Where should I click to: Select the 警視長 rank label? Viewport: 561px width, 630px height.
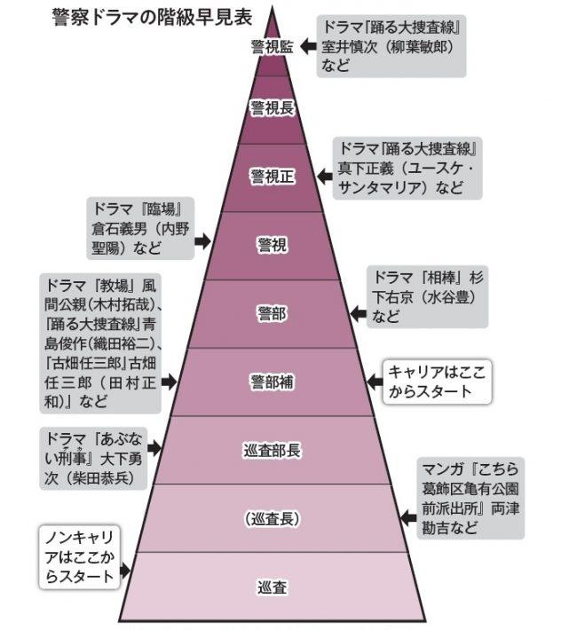point(272,108)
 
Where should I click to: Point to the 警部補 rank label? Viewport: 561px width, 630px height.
point(272,382)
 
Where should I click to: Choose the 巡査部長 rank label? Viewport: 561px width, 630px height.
point(272,450)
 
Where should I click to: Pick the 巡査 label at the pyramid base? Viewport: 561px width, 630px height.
point(272,587)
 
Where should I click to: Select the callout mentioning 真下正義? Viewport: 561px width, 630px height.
point(407,168)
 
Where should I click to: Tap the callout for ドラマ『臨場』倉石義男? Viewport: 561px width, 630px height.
point(139,229)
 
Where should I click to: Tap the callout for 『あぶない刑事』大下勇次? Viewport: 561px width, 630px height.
point(95,455)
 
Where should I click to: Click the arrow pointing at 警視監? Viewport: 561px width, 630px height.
point(307,42)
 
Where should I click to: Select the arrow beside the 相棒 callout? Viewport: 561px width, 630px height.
point(357,313)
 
